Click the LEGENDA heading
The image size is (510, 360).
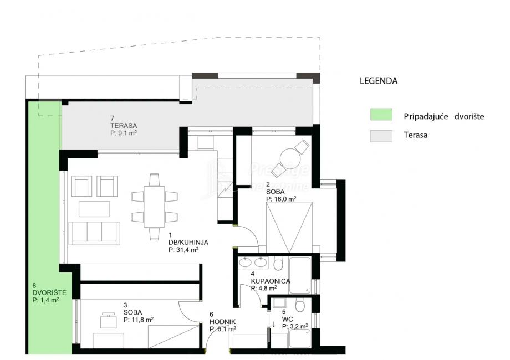(x=379, y=81)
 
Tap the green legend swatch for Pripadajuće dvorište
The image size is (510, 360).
(x=381, y=114)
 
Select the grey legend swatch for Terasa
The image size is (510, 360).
(x=381, y=136)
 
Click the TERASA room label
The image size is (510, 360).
(x=124, y=125)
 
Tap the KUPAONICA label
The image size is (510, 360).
(x=271, y=281)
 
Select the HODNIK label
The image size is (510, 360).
(x=222, y=322)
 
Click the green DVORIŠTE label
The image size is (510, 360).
(x=49, y=292)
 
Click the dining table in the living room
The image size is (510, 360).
(x=155, y=207)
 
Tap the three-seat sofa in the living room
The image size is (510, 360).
(x=94, y=233)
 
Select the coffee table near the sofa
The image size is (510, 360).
(x=94, y=209)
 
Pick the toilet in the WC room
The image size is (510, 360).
(x=299, y=305)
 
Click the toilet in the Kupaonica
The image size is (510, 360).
(x=278, y=264)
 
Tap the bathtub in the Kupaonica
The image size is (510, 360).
(x=300, y=275)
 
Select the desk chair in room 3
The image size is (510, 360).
(x=108, y=320)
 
